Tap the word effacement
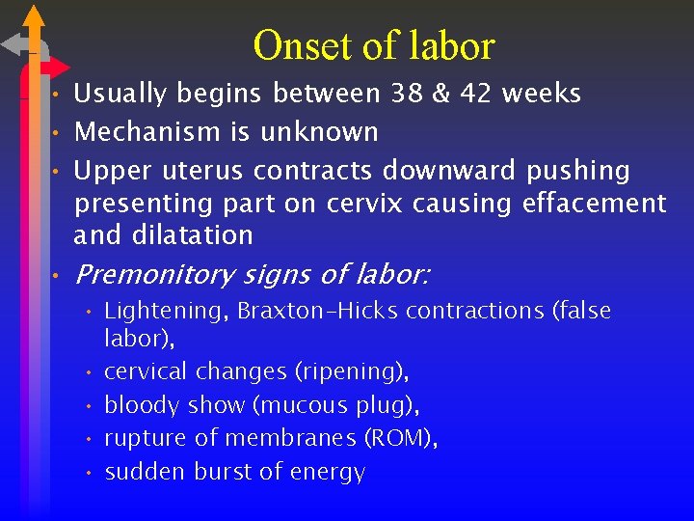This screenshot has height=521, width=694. click(x=594, y=204)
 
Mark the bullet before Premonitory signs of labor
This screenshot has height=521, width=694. click(x=58, y=277)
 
